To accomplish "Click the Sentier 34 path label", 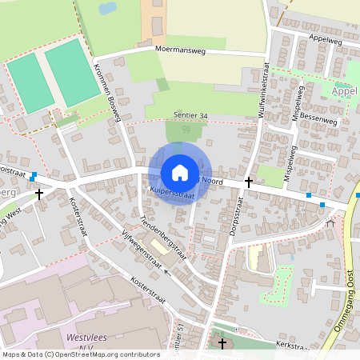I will coord(192,116).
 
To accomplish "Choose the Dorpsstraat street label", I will coord(236,208).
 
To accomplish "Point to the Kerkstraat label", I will coord(291,346).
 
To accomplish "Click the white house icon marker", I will coord(179,173).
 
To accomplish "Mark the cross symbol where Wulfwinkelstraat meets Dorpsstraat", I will coord(248,182).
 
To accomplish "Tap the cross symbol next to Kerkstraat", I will coord(222,343).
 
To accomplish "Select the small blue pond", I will coord(106,9).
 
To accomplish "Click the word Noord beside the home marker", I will coord(212,182).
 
